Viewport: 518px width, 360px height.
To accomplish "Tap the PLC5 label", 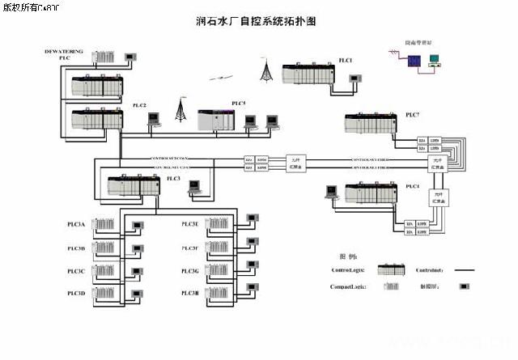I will pyautogui.click(x=239, y=104).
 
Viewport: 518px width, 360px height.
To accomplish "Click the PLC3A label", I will pyautogui.click(x=76, y=223).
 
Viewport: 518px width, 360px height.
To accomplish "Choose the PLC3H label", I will pyautogui.click(x=190, y=292).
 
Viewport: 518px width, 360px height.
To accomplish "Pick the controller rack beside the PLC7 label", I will pyautogui.click(x=372, y=125).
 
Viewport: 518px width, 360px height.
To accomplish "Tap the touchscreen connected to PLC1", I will pyautogui.click(x=354, y=78).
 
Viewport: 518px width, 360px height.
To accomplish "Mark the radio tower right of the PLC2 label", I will pyautogui.click(x=180, y=111).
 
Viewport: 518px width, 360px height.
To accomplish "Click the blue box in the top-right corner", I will pyautogui.click(x=413, y=60).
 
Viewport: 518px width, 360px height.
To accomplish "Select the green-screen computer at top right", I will pyautogui.click(x=434, y=59).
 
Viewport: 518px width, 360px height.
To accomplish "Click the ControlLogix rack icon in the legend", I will pyautogui.click(x=393, y=270).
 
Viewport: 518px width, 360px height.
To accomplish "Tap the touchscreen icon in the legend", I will pyautogui.click(x=464, y=286).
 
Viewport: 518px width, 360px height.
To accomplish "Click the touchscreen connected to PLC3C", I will pyautogui.click(x=137, y=270).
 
